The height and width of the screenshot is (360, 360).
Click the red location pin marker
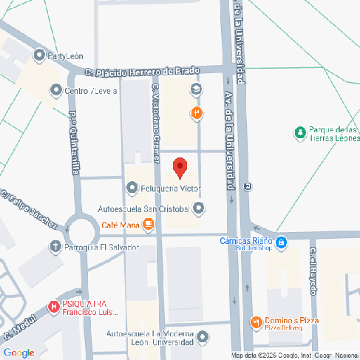click(x=178, y=168)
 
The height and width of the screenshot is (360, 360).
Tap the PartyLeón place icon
click(x=39, y=55)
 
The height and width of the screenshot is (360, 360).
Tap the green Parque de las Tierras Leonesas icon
click(x=299, y=133)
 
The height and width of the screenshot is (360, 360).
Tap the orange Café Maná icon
click(x=149, y=224)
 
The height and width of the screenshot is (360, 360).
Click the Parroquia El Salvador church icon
click(x=55, y=246)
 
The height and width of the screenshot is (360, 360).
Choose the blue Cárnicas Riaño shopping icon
click(x=282, y=241)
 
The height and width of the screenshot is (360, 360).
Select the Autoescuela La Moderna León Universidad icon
click(x=203, y=339)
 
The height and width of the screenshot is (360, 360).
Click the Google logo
click(x=18, y=353)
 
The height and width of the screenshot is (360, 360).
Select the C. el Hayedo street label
click(x=313, y=270)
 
